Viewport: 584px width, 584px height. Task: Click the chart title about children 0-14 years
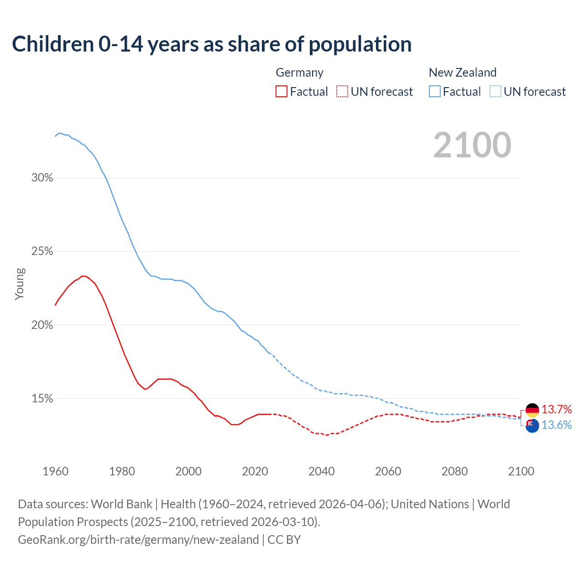[x=212, y=44]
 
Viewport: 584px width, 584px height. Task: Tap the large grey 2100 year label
[x=472, y=145]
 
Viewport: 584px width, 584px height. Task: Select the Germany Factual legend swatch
[x=282, y=92]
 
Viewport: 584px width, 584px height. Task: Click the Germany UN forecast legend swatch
[x=342, y=92]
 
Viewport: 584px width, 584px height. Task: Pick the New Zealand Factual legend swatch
[x=435, y=92]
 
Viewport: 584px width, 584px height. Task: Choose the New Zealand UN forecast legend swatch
[x=495, y=92]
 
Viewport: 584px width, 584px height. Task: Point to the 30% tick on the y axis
[x=42, y=178]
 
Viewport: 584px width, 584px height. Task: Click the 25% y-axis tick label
[x=42, y=251]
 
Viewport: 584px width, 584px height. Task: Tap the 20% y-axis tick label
[x=42, y=325]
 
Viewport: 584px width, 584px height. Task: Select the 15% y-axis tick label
[x=42, y=399]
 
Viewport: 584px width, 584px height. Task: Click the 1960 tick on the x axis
[x=56, y=471]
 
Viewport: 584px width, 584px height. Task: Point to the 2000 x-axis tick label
[x=188, y=471]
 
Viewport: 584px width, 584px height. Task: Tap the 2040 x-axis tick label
[x=322, y=471]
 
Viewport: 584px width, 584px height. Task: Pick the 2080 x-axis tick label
[x=454, y=471]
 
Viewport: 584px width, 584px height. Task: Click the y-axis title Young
[x=20, y=284]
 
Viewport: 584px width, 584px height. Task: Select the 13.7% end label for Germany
[x=557, y=409]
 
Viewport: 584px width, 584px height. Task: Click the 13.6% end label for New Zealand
[x=557, y=425]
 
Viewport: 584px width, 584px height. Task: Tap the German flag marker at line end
[x=532, y=410]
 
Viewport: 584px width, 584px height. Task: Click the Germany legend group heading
[x=300, y=73]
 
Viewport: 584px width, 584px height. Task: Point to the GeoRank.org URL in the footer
[x=138, y=540]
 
